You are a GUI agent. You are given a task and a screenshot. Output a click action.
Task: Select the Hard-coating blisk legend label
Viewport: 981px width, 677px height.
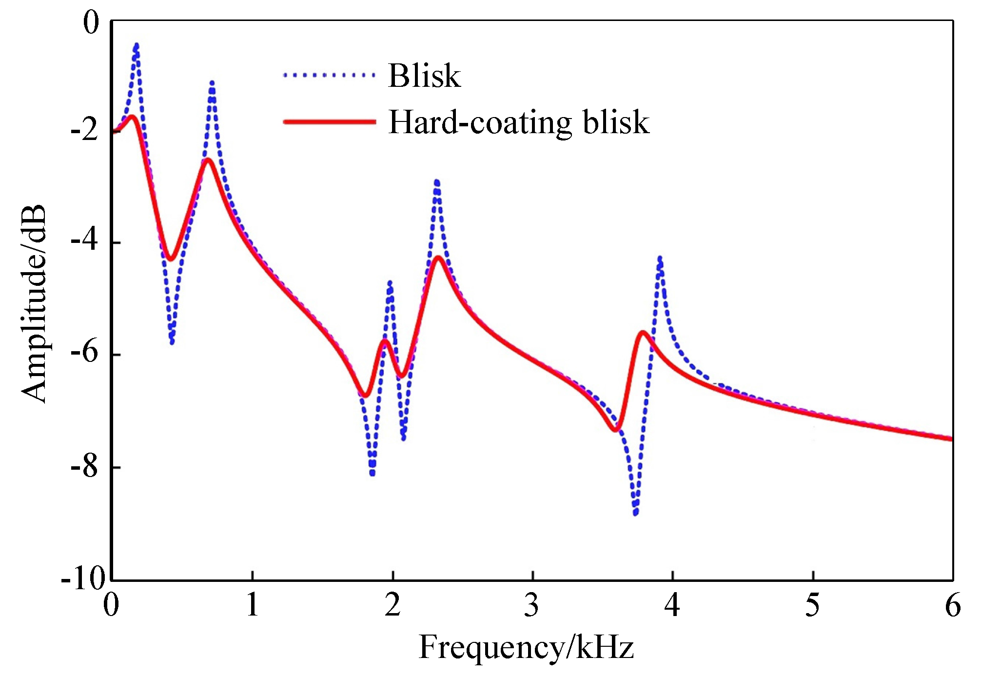click(519, 122)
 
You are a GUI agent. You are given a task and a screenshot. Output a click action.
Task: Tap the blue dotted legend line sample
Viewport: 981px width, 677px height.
click(330, 75)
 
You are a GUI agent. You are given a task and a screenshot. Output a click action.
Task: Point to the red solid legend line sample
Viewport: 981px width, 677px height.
click(330, 122)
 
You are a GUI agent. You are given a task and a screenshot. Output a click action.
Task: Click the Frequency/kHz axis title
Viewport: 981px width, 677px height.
click(526, 647)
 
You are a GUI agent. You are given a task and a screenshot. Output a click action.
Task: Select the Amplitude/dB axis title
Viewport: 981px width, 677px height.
click(34, 303)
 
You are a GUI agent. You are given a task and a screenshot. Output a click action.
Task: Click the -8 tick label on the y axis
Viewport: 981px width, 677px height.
click(85, 467)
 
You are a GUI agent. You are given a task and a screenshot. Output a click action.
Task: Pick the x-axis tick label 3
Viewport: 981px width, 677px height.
click(531, 605)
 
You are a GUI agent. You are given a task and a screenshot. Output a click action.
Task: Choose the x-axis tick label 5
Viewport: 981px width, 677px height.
click(812, 605)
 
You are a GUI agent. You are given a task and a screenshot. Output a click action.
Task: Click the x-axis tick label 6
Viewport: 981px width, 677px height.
click(953, 605)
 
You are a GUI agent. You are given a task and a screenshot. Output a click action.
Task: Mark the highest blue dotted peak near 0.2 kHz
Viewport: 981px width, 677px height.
click(137, 45)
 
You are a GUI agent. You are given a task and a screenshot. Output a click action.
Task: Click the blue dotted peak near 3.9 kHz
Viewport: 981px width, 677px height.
click(660, 258)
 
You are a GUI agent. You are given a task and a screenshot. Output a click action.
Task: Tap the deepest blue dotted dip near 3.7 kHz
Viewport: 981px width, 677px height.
click(635, 513)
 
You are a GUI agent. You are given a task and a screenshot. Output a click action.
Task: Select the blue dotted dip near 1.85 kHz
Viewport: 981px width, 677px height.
click(373, 473)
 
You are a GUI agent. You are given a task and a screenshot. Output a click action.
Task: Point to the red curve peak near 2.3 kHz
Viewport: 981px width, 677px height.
click(439, 258)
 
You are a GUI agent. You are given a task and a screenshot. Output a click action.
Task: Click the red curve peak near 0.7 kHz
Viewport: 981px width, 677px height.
click(208, 160)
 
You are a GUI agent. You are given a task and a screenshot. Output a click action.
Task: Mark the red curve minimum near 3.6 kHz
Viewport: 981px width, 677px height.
click(616, 430)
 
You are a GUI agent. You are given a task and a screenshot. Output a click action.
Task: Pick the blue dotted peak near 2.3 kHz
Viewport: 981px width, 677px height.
click(437, 182)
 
